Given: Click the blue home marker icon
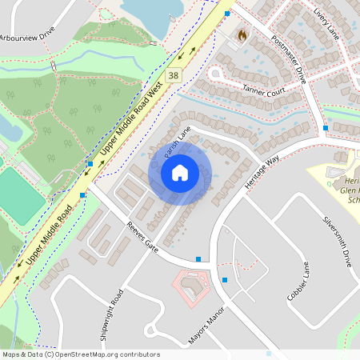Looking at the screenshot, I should click(180, 172).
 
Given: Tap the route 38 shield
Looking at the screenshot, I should click(173, 75).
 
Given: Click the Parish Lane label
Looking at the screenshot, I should click(175, 142).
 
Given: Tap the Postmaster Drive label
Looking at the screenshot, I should click(289, 60).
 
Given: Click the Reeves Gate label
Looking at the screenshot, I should click(145, 238).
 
